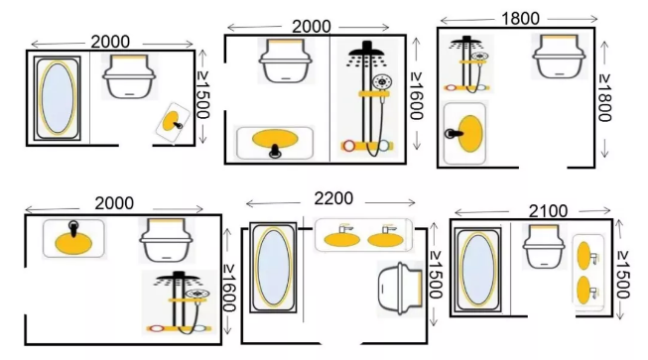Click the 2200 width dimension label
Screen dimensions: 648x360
coord(333,198)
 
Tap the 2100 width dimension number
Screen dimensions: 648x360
coord(549,211)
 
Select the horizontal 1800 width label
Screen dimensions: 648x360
coord(520,19)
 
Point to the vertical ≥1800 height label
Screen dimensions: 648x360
coord(604,98)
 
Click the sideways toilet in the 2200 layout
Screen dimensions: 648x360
coord(401,289)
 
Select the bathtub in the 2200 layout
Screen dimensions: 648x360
coord(273,267)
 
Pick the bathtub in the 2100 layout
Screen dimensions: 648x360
coord(478,271)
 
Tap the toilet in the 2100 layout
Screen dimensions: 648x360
coord(544,246)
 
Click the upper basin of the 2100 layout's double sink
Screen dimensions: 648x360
coord(583,256)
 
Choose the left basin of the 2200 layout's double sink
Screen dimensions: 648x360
coord(341,240)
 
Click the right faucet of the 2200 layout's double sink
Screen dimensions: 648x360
coord(389,228)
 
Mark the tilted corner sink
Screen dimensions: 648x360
coord(173,123)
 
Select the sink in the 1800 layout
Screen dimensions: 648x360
coord(464,133)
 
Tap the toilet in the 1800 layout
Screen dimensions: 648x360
coord(559,57)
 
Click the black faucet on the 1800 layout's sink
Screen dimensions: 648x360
coord(454,133)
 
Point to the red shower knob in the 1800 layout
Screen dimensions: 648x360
coord(450,88)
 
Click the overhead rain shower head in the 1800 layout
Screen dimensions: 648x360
coord(466,41)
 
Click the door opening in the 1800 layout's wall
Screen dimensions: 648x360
coord(543,168)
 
